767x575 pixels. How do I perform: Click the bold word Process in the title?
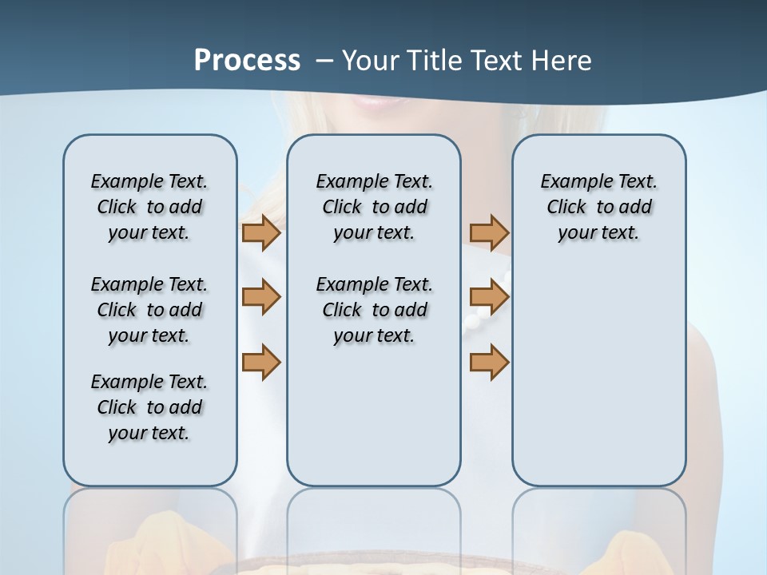pos(247,60)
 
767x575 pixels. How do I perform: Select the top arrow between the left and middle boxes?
pos(261,232)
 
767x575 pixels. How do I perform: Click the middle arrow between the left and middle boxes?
pos(261,297)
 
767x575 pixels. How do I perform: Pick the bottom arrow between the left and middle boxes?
pos(261,362)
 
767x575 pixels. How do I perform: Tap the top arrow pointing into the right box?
pos(489,232)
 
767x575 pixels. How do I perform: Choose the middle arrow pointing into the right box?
pos(489,297)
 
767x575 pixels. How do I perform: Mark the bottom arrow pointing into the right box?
pos(489,362)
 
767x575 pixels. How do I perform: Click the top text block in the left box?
pos(149,207)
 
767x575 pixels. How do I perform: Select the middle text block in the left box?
pos(149,310)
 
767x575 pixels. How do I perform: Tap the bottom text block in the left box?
pos(149,407)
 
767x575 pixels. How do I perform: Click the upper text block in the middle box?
pos(374,207)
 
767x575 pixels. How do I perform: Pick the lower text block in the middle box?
pos(374,310)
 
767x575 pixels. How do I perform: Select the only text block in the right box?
pos(598,207)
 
